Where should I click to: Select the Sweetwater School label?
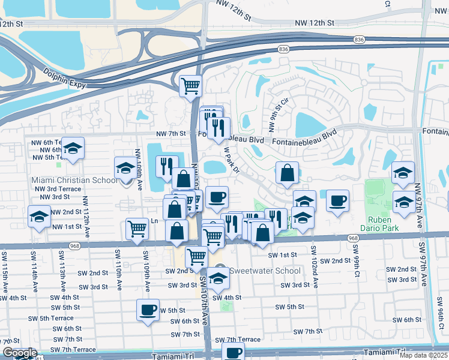click(x=267, y=271)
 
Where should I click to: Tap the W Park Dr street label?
click(x=231, y=161)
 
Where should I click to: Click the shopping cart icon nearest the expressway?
click(x=190, y=85)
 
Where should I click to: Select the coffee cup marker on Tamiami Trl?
click(x=234, y=352)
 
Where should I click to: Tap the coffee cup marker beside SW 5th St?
click(x=148, y=310)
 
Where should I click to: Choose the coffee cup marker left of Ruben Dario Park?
click(x=338, y=200)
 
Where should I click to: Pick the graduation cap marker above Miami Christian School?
click(x=125, y=167)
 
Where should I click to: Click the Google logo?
click(x=19, y=353)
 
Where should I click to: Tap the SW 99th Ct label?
click(x=356, y=259)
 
